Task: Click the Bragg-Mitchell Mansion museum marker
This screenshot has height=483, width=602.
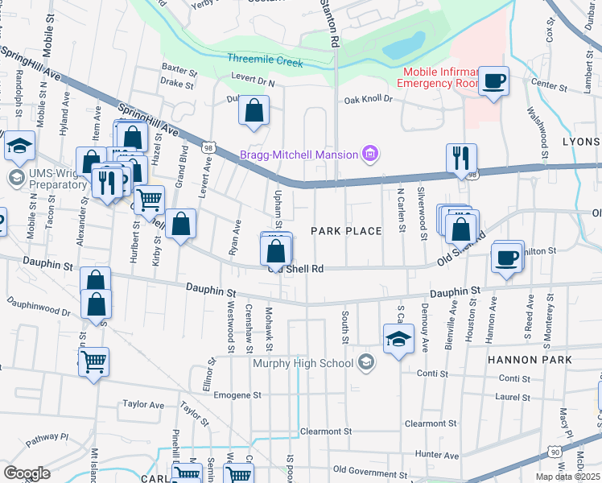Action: click(370, 154)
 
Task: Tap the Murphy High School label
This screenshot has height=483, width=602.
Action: click(303, 363)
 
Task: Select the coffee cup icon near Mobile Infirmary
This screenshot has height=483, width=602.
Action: click(493, 80)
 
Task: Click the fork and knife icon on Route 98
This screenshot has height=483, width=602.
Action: click(462, 158)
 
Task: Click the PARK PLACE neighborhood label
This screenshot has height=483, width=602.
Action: click(346, 232)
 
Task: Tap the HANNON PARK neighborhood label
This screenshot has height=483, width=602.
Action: click(529, 360)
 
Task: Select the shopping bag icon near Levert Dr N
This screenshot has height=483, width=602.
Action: click(254, 112)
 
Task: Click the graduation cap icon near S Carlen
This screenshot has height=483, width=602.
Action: click(398, 340)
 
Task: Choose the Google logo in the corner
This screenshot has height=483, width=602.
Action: click(27, 473)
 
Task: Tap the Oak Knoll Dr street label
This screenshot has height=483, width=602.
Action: click(368, 100)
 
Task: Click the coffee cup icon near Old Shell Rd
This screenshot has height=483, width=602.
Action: click(507, 258)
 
